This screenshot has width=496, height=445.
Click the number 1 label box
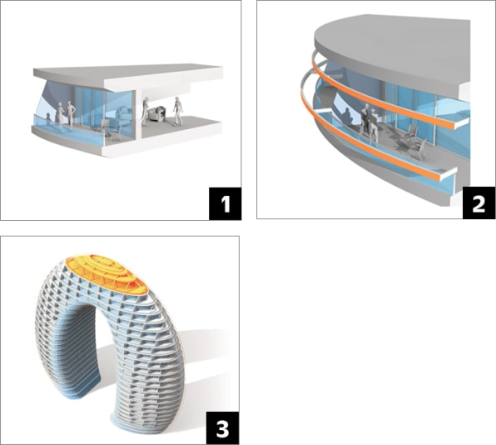(225, 203)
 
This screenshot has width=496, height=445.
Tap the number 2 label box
(479, 203)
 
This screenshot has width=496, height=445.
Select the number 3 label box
(222, 427)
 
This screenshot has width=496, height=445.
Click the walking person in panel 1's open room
(177, 111)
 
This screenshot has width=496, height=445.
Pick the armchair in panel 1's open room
(156, 114)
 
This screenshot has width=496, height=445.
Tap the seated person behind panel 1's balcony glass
(48, 120)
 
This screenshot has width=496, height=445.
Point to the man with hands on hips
(71, 114)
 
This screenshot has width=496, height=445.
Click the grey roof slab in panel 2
(393, 48)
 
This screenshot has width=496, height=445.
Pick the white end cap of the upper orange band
(461, 123)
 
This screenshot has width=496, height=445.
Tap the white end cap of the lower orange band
(449, 174)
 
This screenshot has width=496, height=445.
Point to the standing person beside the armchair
(145, 111)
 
